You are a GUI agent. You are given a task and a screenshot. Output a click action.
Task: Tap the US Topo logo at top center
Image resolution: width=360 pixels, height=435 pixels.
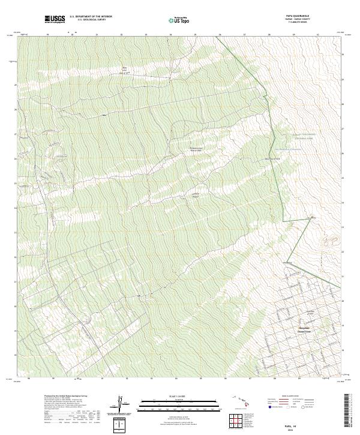tap(175, 20)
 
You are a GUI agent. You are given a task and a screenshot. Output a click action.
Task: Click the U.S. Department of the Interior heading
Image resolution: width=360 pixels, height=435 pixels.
tap(91, 17)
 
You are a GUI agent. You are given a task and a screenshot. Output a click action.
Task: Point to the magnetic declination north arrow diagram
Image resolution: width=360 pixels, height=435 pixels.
tap(121, 401)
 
